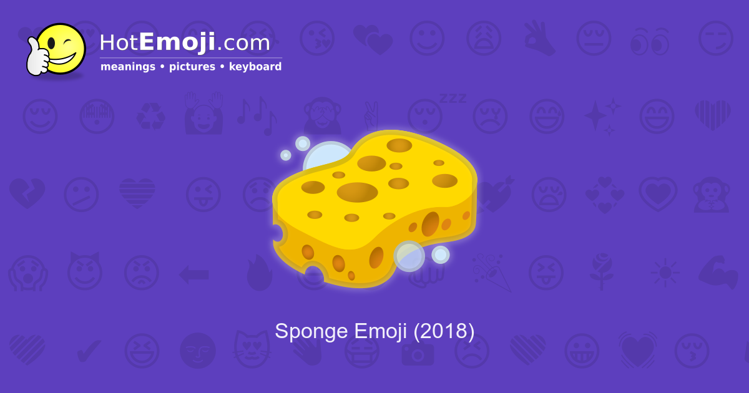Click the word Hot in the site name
pos(119,43)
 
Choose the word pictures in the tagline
pos(192,67)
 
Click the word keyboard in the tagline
pos(255,67)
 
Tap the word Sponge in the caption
pos(311,332)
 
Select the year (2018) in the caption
pos(444,331)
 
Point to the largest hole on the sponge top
pos(357,192)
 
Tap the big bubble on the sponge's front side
pos(409,256)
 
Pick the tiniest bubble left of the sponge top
pos(286,155)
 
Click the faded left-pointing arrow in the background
pos(193,273)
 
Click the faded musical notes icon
pos(256,115)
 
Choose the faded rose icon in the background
pos(602,271)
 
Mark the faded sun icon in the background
pos(664,273)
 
